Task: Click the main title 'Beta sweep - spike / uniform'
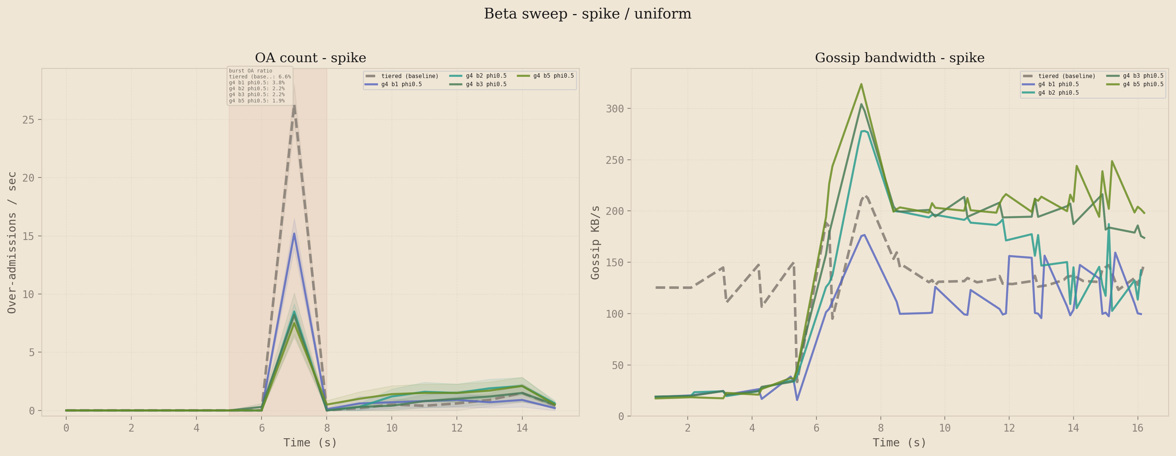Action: pos(587,14)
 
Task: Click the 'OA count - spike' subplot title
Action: pos(310,58)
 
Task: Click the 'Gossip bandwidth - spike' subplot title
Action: pos(899,58)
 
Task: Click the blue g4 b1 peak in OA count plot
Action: pos(294,234)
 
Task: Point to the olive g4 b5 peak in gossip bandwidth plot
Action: pos(861,84)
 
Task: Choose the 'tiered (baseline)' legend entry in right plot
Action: pos(1067,76)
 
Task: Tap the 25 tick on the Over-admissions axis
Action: pos(28,119)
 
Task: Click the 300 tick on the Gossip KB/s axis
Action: pos(614,109)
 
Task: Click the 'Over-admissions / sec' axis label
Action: pos(12,242)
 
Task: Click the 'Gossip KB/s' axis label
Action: pos(595,242)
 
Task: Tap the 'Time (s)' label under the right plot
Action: pos(899,443)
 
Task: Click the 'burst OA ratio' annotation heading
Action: pos(251,71)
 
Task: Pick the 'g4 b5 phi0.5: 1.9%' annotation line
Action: pos(257,101)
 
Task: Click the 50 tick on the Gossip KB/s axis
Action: pos(617,365)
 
